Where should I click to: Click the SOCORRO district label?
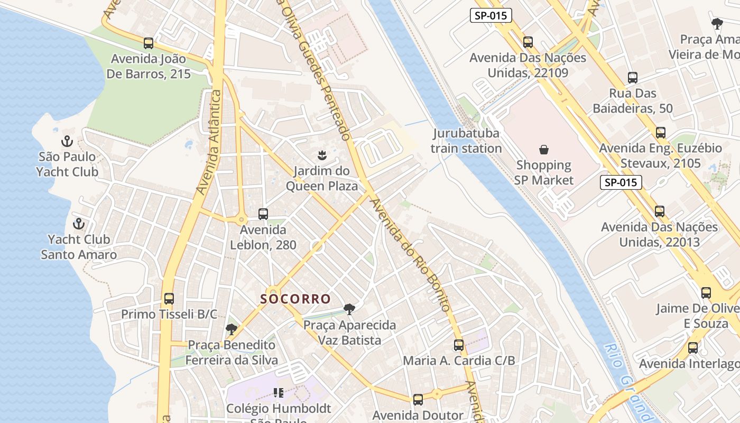tap(295, 299)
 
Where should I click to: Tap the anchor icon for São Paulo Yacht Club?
tap(67, 141)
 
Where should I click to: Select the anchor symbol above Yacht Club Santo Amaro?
tap(79, 224)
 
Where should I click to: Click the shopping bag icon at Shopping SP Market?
tap(544, 150)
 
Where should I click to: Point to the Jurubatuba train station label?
tap(466, 141)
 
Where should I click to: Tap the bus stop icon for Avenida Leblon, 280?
tap(263, 214)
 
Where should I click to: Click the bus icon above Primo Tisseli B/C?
tap(169, 299)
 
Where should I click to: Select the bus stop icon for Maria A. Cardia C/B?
tap(459, 345)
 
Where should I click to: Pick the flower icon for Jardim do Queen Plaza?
tap(321, 155)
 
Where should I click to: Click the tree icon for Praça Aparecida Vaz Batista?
tap(349, 309)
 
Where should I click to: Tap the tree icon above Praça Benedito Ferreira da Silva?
tap(231, 329)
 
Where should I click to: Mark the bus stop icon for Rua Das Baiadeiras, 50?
tap(632, 78)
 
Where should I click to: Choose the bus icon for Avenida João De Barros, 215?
tap(149, 43)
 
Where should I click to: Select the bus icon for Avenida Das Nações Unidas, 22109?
tap(528, 42)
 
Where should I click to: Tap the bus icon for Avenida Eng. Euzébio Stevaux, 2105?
tap(660, 133)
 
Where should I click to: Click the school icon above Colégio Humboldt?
tap(279, 393)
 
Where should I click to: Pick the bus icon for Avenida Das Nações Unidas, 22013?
tap(660, 212)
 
